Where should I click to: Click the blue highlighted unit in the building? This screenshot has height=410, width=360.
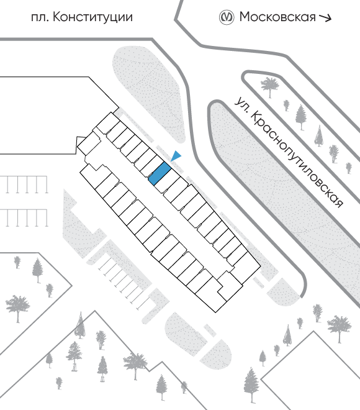tap(160, 173)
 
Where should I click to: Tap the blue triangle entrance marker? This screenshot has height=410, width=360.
tap(176, 156)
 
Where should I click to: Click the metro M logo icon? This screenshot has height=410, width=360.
tap(226, 17)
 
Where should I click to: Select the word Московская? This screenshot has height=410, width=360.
tap(277, 17)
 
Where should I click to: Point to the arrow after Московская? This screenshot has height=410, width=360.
tap(325, 17)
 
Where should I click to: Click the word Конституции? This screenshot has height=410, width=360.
tap(92, 17)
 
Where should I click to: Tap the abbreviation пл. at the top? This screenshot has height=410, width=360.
tap(40, 18)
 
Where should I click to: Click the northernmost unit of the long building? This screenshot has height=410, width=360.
tap(108, 123)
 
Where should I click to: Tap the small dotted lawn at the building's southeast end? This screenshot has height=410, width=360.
tap(284, 292)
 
